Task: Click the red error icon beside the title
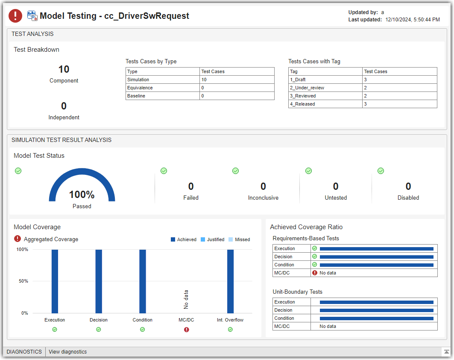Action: pyautogui.click(x=15, y=16)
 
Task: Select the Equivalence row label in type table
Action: pyautogui.click(x=140, y=88)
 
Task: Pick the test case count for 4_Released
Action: pyautogui.click(x=366, y=104)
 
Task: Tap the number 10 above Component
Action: pyautogui.click(x=64, y=69)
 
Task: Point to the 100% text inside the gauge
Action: pyautogui.click(x=82, y=195)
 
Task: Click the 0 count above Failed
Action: pyautogui.click(x=191, y=186)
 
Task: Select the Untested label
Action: pyautogui.click(x=336, y=198)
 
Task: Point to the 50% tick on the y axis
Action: pyautogui.click(x=23, y=281)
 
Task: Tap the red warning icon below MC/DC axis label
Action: pyautogui.click(x=186, y=330)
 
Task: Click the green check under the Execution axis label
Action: pyautogui.click(x=55, y=330)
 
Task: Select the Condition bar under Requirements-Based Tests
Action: pyautogui.click(x=376, y=265)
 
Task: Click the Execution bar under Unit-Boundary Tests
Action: pyautogui.click(x=376, y=302)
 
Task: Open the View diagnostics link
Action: pyautogui.click(x=67, y=352)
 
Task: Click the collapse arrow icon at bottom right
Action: pyautogui.click(x=446, y=352)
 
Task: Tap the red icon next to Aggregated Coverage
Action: pyautogui.click(x=18, y=239)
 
